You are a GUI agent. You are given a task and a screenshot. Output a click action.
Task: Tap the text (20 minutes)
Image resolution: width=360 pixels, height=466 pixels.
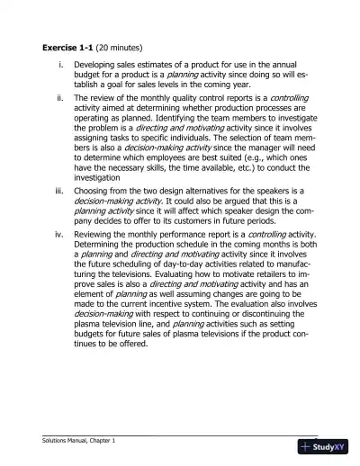click(x=123, y=47)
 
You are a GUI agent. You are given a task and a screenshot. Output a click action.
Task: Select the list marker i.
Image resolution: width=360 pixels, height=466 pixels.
click(x=59, y=66)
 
